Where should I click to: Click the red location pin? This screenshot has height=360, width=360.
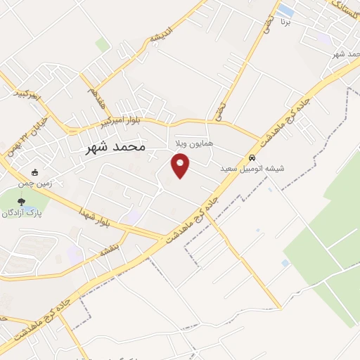(181, 166)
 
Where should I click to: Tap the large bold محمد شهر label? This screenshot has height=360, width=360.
(115, 148)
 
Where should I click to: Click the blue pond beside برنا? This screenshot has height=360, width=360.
(285, 11)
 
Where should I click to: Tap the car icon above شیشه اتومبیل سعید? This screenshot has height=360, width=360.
(252, 157)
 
